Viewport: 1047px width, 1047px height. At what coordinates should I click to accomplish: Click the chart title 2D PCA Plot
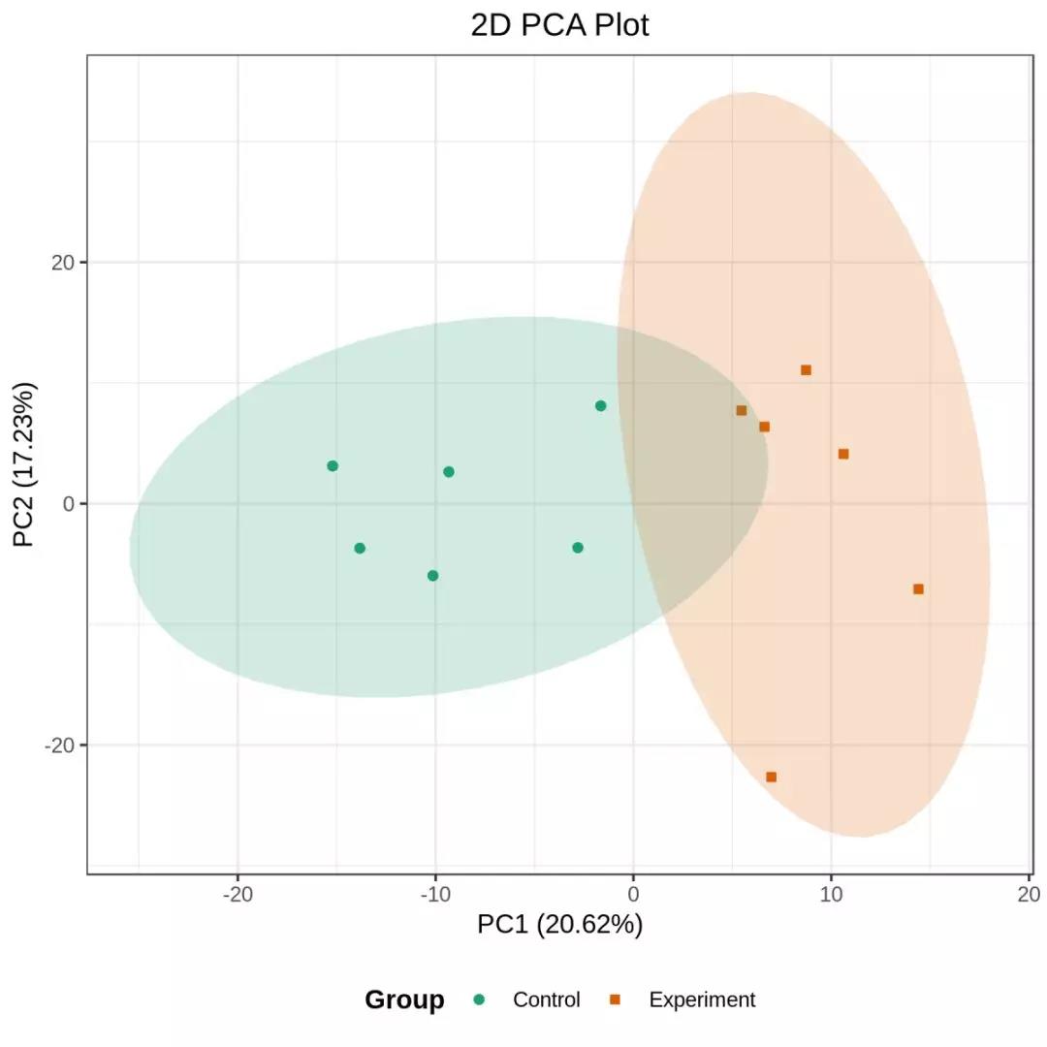coord(559,25)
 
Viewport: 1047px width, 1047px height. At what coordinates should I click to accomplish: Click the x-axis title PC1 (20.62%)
coord(559,925)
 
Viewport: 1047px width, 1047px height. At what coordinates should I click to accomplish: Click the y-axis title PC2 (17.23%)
coord(25,464)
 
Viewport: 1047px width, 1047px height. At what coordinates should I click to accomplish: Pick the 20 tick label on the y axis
coord(63,263)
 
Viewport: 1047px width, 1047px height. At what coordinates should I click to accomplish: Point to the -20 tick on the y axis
coord(59,745)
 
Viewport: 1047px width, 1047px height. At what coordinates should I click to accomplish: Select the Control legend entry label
coord(547,999)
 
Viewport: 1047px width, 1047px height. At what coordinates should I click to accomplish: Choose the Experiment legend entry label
coord(702,999)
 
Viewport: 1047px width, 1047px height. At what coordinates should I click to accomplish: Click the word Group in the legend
coord(404,999)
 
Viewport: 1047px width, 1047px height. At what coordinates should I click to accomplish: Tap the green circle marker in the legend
coord(479,999)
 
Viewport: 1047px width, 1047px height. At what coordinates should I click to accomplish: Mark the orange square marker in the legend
coord(615,999)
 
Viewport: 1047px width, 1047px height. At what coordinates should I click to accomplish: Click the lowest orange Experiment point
coord(771,777)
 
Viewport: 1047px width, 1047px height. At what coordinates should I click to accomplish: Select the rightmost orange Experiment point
coord(918,588)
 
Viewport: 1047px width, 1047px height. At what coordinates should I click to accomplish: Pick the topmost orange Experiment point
coord(806,369)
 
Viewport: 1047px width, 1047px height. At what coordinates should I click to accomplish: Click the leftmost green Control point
coord(333,465)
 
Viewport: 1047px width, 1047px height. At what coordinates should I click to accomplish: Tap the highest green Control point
coord(600,405)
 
